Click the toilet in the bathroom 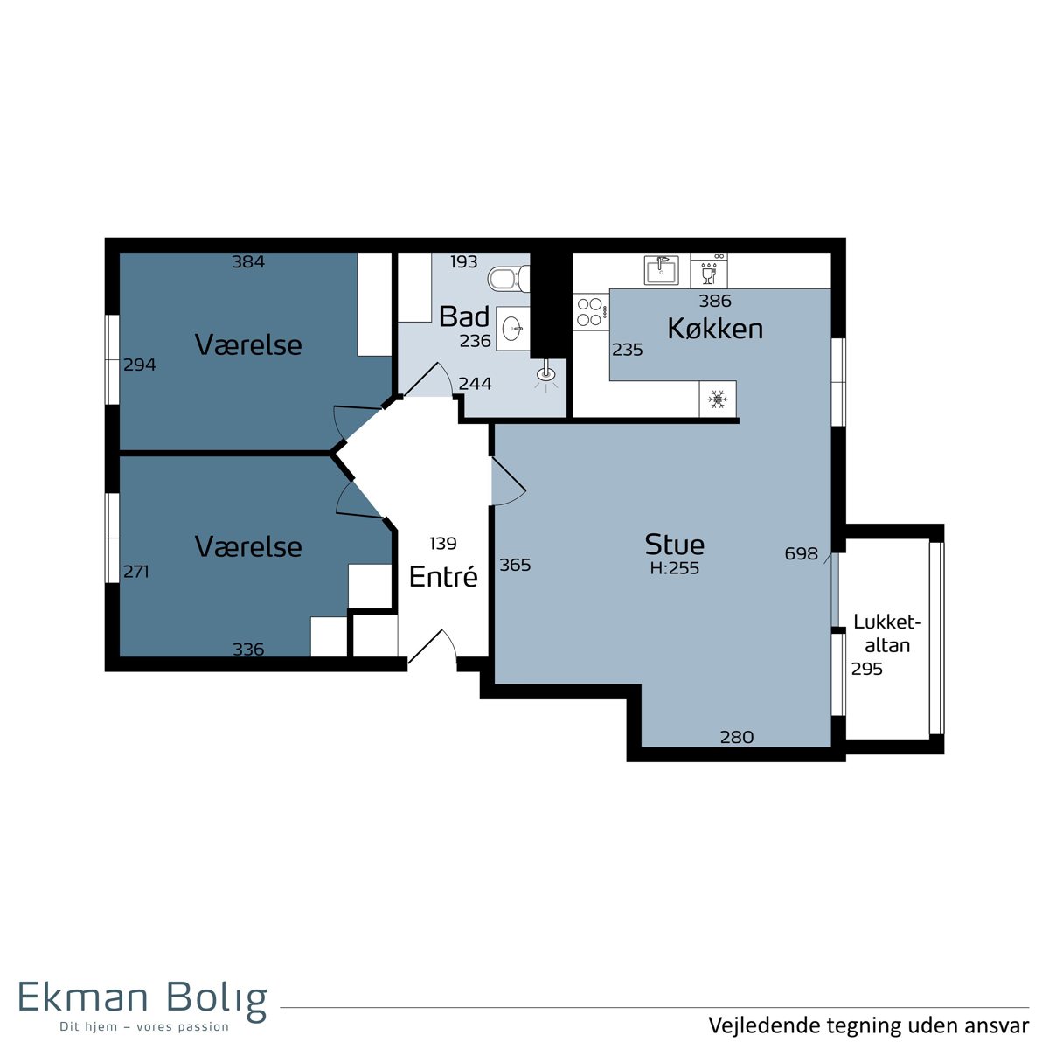(x=509, y=279)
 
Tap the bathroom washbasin (x=513, y=329)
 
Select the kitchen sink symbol (x=662, y=270)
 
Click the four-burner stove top (x=591, y=312)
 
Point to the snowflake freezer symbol (x=718, y=399)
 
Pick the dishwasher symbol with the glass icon (x=709, y=270)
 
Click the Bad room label (x=464, y=316)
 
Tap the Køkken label (x=715, y=329)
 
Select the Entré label (x=443, y=576)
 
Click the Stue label (x=675, y=544)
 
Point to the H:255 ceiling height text (x=675, y=568)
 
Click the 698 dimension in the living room (x=802, y=553)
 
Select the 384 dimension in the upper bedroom (x=248, y=262)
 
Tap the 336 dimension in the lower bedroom (x=248, y=649)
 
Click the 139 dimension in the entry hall (x=443, y=543)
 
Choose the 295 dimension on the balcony (x=867, y=669)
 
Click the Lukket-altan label (x=887, y=633)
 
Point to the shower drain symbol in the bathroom (x=545, y=373)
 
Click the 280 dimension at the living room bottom (x=737, y=737)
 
